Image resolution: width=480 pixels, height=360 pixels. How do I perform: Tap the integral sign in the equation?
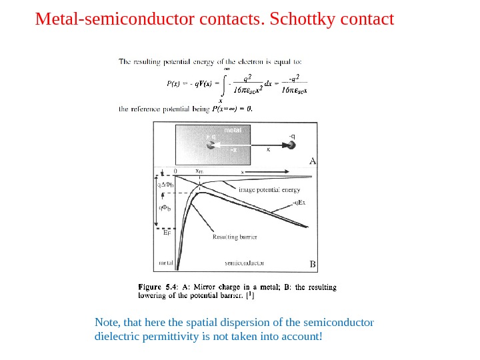[227, 85]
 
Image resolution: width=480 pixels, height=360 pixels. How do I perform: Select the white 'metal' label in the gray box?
[232, 130]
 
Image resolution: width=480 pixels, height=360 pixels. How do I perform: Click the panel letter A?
[311, 160]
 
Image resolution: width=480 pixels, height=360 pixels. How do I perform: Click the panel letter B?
[311, 264]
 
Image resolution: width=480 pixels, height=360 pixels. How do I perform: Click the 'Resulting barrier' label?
[235, 236]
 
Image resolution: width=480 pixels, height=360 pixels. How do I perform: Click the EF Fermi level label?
[167, 233]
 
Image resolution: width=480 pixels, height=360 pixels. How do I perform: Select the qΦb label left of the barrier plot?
[165, 209]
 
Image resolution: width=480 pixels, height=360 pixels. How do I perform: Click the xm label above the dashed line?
[199, 171]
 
